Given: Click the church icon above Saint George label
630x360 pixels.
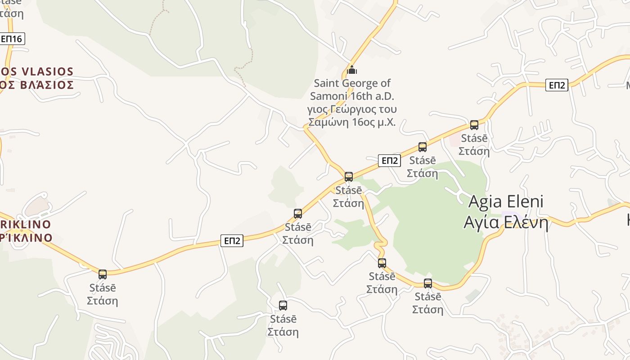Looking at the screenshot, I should pos(352,70).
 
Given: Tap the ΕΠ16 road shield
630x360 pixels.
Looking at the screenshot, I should pos(12,39).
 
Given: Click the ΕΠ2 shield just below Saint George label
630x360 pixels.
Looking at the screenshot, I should pos(389,161).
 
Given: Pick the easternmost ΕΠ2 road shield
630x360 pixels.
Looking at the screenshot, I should pos(557,85).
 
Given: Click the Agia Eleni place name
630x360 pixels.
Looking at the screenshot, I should pos(506,201).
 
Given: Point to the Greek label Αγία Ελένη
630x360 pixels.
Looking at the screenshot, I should pos(506,223).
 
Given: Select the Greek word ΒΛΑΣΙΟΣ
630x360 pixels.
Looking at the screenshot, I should pos(47,85).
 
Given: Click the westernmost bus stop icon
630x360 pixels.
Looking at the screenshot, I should pos(103,274).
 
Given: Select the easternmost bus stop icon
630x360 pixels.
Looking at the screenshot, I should pos(474,125).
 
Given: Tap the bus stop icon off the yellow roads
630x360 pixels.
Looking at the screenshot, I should pos(283,306).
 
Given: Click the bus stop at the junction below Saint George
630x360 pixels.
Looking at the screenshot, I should pos(349,176).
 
